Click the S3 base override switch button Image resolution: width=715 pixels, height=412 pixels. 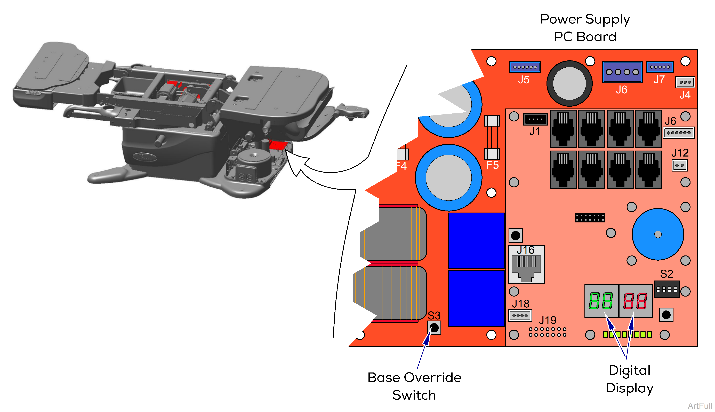(434, 328)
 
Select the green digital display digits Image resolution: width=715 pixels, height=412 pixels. (601, 301)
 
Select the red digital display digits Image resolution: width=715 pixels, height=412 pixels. (635, 301)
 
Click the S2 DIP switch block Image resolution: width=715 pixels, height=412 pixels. (666, 289)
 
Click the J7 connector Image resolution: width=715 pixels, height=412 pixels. (660, 67)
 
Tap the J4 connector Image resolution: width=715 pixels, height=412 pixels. (685, 82)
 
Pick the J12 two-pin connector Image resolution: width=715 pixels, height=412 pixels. (680, 165)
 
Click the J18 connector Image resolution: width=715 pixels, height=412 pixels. (520, 315)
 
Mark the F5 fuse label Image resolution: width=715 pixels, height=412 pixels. (492, 165)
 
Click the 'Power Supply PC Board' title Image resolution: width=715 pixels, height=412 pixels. (585, 28)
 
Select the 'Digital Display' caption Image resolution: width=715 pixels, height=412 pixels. (630, 379)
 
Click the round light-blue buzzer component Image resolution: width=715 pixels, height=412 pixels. (658, 234)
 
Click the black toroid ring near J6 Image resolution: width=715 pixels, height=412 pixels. (569, 83)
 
